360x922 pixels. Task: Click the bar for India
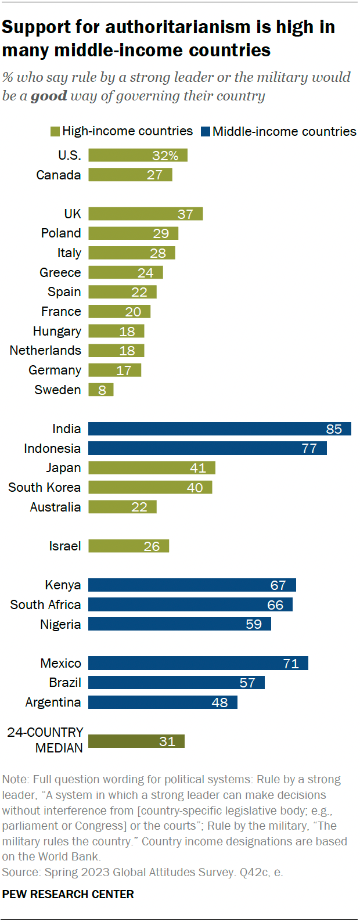click(x=219, y=429)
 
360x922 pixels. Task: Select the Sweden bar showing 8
click(x=101, y=390)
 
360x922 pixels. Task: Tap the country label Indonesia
click(x=52, y=449)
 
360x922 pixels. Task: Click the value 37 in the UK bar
click(x=185, y=214)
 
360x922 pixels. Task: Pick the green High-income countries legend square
click(x=55, y=132)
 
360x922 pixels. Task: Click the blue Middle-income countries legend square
click(x=206, y=132)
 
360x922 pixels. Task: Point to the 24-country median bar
click(x=136, y=741)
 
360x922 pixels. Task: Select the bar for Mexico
click(x=198, y=664)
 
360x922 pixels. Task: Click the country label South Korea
click(x=44, y=488)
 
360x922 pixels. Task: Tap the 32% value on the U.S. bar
click(x=165, y=156)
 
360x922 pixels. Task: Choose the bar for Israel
click(x=128, y=546)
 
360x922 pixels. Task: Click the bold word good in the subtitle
click(x=49, y=96)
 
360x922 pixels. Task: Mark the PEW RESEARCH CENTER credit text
click(x=68, y=894)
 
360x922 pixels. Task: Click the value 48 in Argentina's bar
click(x=219, y=703)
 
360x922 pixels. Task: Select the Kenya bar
click(x=192, y=585)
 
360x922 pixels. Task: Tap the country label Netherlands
click(x=45, y=351)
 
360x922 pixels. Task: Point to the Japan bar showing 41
click(x=152, y=468)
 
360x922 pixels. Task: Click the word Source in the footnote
click(x=21, y=872)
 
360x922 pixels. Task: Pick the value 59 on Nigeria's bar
click(x=254, y=625)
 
